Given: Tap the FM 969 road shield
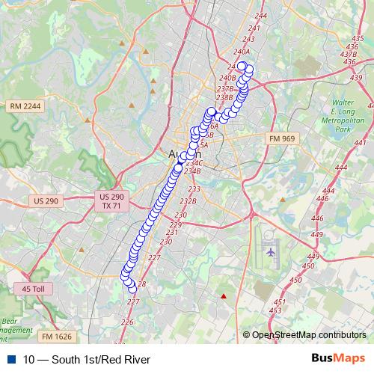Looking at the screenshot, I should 283,138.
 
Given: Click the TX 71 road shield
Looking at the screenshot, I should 111,205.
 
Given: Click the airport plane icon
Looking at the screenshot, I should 270,252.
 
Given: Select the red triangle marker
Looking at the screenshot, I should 223,297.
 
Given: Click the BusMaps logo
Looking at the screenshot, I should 337,359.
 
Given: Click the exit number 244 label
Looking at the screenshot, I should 261,16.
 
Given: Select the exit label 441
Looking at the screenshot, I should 361,142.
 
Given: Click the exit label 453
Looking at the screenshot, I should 275,310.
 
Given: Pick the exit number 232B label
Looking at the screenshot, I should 188,200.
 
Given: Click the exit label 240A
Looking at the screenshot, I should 241,52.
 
